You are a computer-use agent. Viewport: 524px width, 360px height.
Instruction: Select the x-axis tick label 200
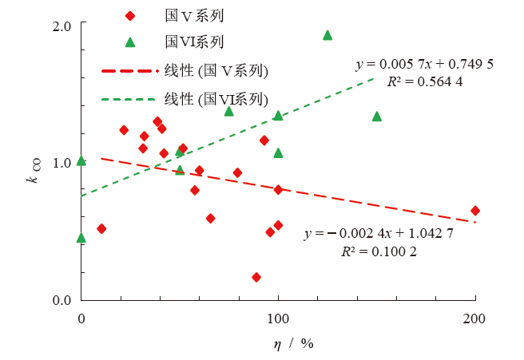point(475,318)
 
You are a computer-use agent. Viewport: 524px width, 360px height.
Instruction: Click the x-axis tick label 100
point(278,318)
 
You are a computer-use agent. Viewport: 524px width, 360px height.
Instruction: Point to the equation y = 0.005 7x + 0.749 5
point(425,64)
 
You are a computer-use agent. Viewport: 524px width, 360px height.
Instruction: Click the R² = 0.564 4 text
point(425,81)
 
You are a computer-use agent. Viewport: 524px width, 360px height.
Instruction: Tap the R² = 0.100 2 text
point(379,251)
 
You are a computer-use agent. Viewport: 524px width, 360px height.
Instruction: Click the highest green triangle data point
point(327,35)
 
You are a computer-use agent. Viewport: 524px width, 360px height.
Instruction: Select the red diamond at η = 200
point(475,211)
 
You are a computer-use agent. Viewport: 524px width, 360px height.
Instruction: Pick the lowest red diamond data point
point(256,277)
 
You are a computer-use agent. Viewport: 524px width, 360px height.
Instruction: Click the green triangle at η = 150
point(377,117)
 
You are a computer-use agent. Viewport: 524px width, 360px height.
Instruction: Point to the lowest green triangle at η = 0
point(81,238)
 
